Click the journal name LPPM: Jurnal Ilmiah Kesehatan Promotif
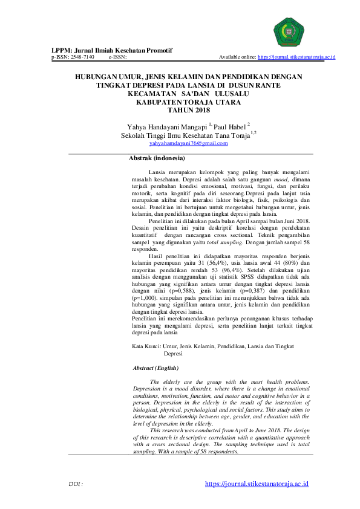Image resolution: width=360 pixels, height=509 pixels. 111,50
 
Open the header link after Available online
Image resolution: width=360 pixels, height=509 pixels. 296,57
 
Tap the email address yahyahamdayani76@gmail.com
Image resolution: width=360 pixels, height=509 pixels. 184,144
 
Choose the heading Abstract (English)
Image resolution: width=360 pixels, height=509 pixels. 156,368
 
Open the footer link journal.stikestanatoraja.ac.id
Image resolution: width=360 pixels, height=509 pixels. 257,484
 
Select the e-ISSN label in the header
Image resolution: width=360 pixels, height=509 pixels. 117,57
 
